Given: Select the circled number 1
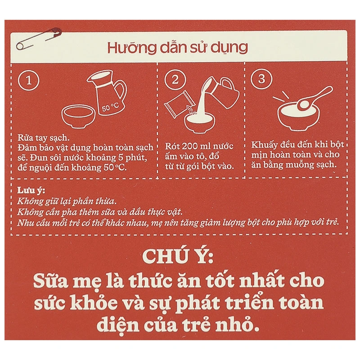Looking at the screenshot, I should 28,81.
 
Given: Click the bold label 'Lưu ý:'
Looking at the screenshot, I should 30,189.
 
